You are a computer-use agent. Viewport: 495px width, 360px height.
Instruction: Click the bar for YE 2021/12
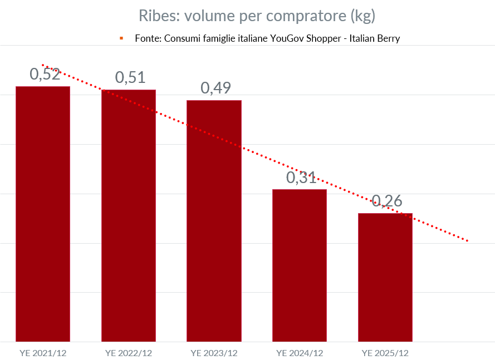pyautogui.click(x=43, y=214)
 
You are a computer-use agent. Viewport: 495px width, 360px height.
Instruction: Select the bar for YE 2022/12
pyautogui.click(x=129, y=215)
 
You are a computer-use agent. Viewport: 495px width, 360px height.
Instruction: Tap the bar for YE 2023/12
pyautogui.click(x=214, y=220)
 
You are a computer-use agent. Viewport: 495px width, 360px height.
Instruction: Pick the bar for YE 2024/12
pyautogui.click(x=300, y=265)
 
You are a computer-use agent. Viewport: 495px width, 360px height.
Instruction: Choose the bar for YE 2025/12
pyautogui.click(x=385, y=277)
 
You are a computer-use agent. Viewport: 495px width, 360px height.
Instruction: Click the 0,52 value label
pyautogui.click(x=45, y=74)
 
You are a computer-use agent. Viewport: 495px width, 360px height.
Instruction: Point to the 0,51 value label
pyautogui.click(x=130, y=77)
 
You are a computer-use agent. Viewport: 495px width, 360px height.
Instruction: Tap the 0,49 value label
pyautogui.click(x=215, y=88)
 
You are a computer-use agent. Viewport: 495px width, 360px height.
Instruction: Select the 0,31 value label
pyautogui.click(x=301, y=177)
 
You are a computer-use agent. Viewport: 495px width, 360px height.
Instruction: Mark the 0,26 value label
pyautogui.click(x=387, y=201)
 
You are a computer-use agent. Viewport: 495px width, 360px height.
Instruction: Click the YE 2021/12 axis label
pyautogui.click(x=43, y=353)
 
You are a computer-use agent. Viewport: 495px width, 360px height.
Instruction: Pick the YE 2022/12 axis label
pyautogui.click(x=129, y=353)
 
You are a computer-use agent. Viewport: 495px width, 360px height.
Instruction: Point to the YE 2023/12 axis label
pyautogui.click(x=214, y=353)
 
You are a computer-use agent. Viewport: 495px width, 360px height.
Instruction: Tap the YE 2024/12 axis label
pyautogui.click(x=300, y=353)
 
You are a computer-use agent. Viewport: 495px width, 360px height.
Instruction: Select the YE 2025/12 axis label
pyautogui.click(x=385, y=353)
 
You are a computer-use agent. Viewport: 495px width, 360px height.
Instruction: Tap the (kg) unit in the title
pyautogui.click(x=362, y=16)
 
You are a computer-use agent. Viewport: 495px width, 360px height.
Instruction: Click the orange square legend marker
pyautogui.click(x=121, y=38)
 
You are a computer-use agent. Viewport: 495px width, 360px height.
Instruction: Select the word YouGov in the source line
pyautogui.click(x=287, y=39)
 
